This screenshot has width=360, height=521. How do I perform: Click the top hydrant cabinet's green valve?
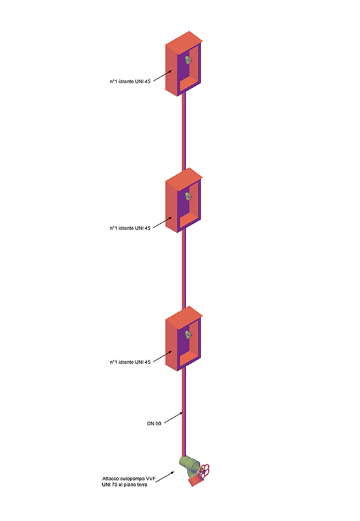click(188, 60)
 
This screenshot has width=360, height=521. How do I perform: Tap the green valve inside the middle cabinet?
click(188, 196)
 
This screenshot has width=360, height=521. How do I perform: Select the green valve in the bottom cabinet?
click(188, 335)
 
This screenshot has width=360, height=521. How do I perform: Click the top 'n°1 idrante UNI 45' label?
click(130, 81)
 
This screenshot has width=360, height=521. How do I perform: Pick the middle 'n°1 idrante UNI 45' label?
click(130, 228)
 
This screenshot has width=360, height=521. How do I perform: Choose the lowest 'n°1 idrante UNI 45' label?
click(130, 362)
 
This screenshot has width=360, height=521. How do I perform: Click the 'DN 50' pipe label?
click(154, 423)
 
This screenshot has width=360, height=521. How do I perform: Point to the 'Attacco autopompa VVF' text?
click(129, 479)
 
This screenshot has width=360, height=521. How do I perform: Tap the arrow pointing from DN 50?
click(174, 418)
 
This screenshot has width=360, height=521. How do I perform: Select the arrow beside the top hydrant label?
click(163, 75)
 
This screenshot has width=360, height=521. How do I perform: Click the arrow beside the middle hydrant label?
click(163, 222)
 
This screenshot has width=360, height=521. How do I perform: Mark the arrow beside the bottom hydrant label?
click(163, 356)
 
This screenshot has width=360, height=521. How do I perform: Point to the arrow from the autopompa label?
click(165, 477)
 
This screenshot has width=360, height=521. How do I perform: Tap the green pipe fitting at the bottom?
click(189, 464)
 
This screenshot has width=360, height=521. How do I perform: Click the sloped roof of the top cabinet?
click(184, 42)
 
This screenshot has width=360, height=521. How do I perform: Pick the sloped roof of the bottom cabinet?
click(184, 317)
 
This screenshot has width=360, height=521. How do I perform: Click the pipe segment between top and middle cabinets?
click(184, 132)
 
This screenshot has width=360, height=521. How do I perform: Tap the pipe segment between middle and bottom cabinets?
click(184, 270)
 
